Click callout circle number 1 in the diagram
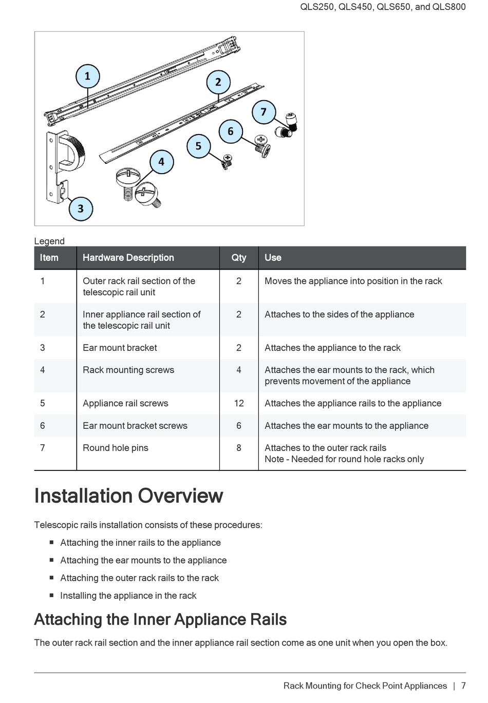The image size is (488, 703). tap(87, 77)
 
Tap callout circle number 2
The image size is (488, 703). tap(218, 82)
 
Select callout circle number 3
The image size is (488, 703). tap(81, 208)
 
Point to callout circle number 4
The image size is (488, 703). tap(161, 162)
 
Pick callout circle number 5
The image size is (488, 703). tap(198, 146)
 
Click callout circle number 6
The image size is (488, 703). tap(231, 131)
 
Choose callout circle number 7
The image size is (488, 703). tap(264, 112)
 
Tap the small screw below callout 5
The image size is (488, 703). tap(226, 162)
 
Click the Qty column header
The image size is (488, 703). tap(239, 258)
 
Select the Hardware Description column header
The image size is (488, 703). tap(128, 258)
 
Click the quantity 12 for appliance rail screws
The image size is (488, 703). tap(239, 403)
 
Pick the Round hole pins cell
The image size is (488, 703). tap(116, 448)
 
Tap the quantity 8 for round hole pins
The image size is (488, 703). tap(239, 448)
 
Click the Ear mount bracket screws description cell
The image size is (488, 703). tap(135, 426)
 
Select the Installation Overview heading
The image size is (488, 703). tap(128, 496)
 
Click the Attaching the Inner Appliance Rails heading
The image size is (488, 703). tap(160, 619)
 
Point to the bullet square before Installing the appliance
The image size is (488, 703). tap(52, 595)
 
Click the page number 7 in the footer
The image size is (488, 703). tap(463, 686)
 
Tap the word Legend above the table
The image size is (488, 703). tap(49, 241)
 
